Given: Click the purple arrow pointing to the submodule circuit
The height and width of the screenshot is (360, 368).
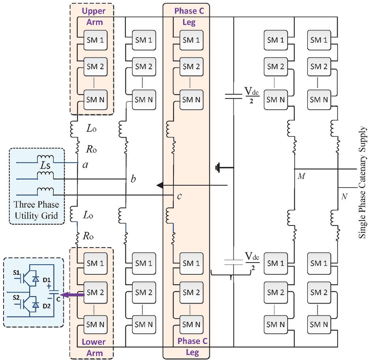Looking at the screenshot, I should [x=75, y=294].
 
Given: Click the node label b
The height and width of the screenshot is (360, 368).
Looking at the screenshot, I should [x=133, y=179].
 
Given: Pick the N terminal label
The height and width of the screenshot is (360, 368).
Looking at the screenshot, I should [x=344, y=196].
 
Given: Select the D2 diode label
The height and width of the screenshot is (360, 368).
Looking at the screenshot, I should [x=47, y=306].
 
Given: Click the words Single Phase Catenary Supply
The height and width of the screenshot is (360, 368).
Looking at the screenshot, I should [x=362, y=183].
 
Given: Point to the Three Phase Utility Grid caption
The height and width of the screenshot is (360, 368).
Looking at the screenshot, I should [x=36, y=210].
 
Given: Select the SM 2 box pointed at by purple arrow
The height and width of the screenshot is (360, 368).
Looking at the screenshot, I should [x=95, y=293].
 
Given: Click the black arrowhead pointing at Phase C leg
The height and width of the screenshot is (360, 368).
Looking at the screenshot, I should [x=159, y=185].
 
